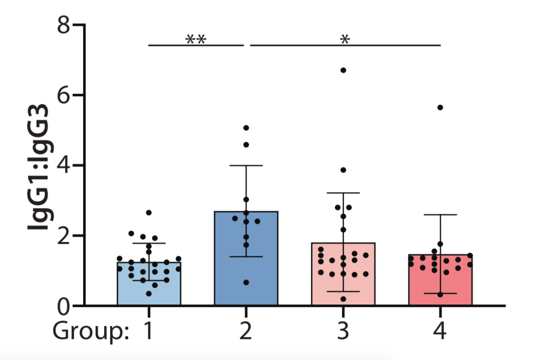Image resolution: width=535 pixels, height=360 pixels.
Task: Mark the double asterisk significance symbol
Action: [196, 40]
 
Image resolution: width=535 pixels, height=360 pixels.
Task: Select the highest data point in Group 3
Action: [343, 70]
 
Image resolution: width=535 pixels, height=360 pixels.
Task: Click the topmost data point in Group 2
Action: [246, 128]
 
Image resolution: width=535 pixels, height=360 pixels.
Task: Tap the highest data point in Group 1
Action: [149, 213]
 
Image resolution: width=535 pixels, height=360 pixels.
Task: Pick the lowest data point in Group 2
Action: [246, 282]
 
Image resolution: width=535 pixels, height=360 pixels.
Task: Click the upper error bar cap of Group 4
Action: [440, 214]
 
